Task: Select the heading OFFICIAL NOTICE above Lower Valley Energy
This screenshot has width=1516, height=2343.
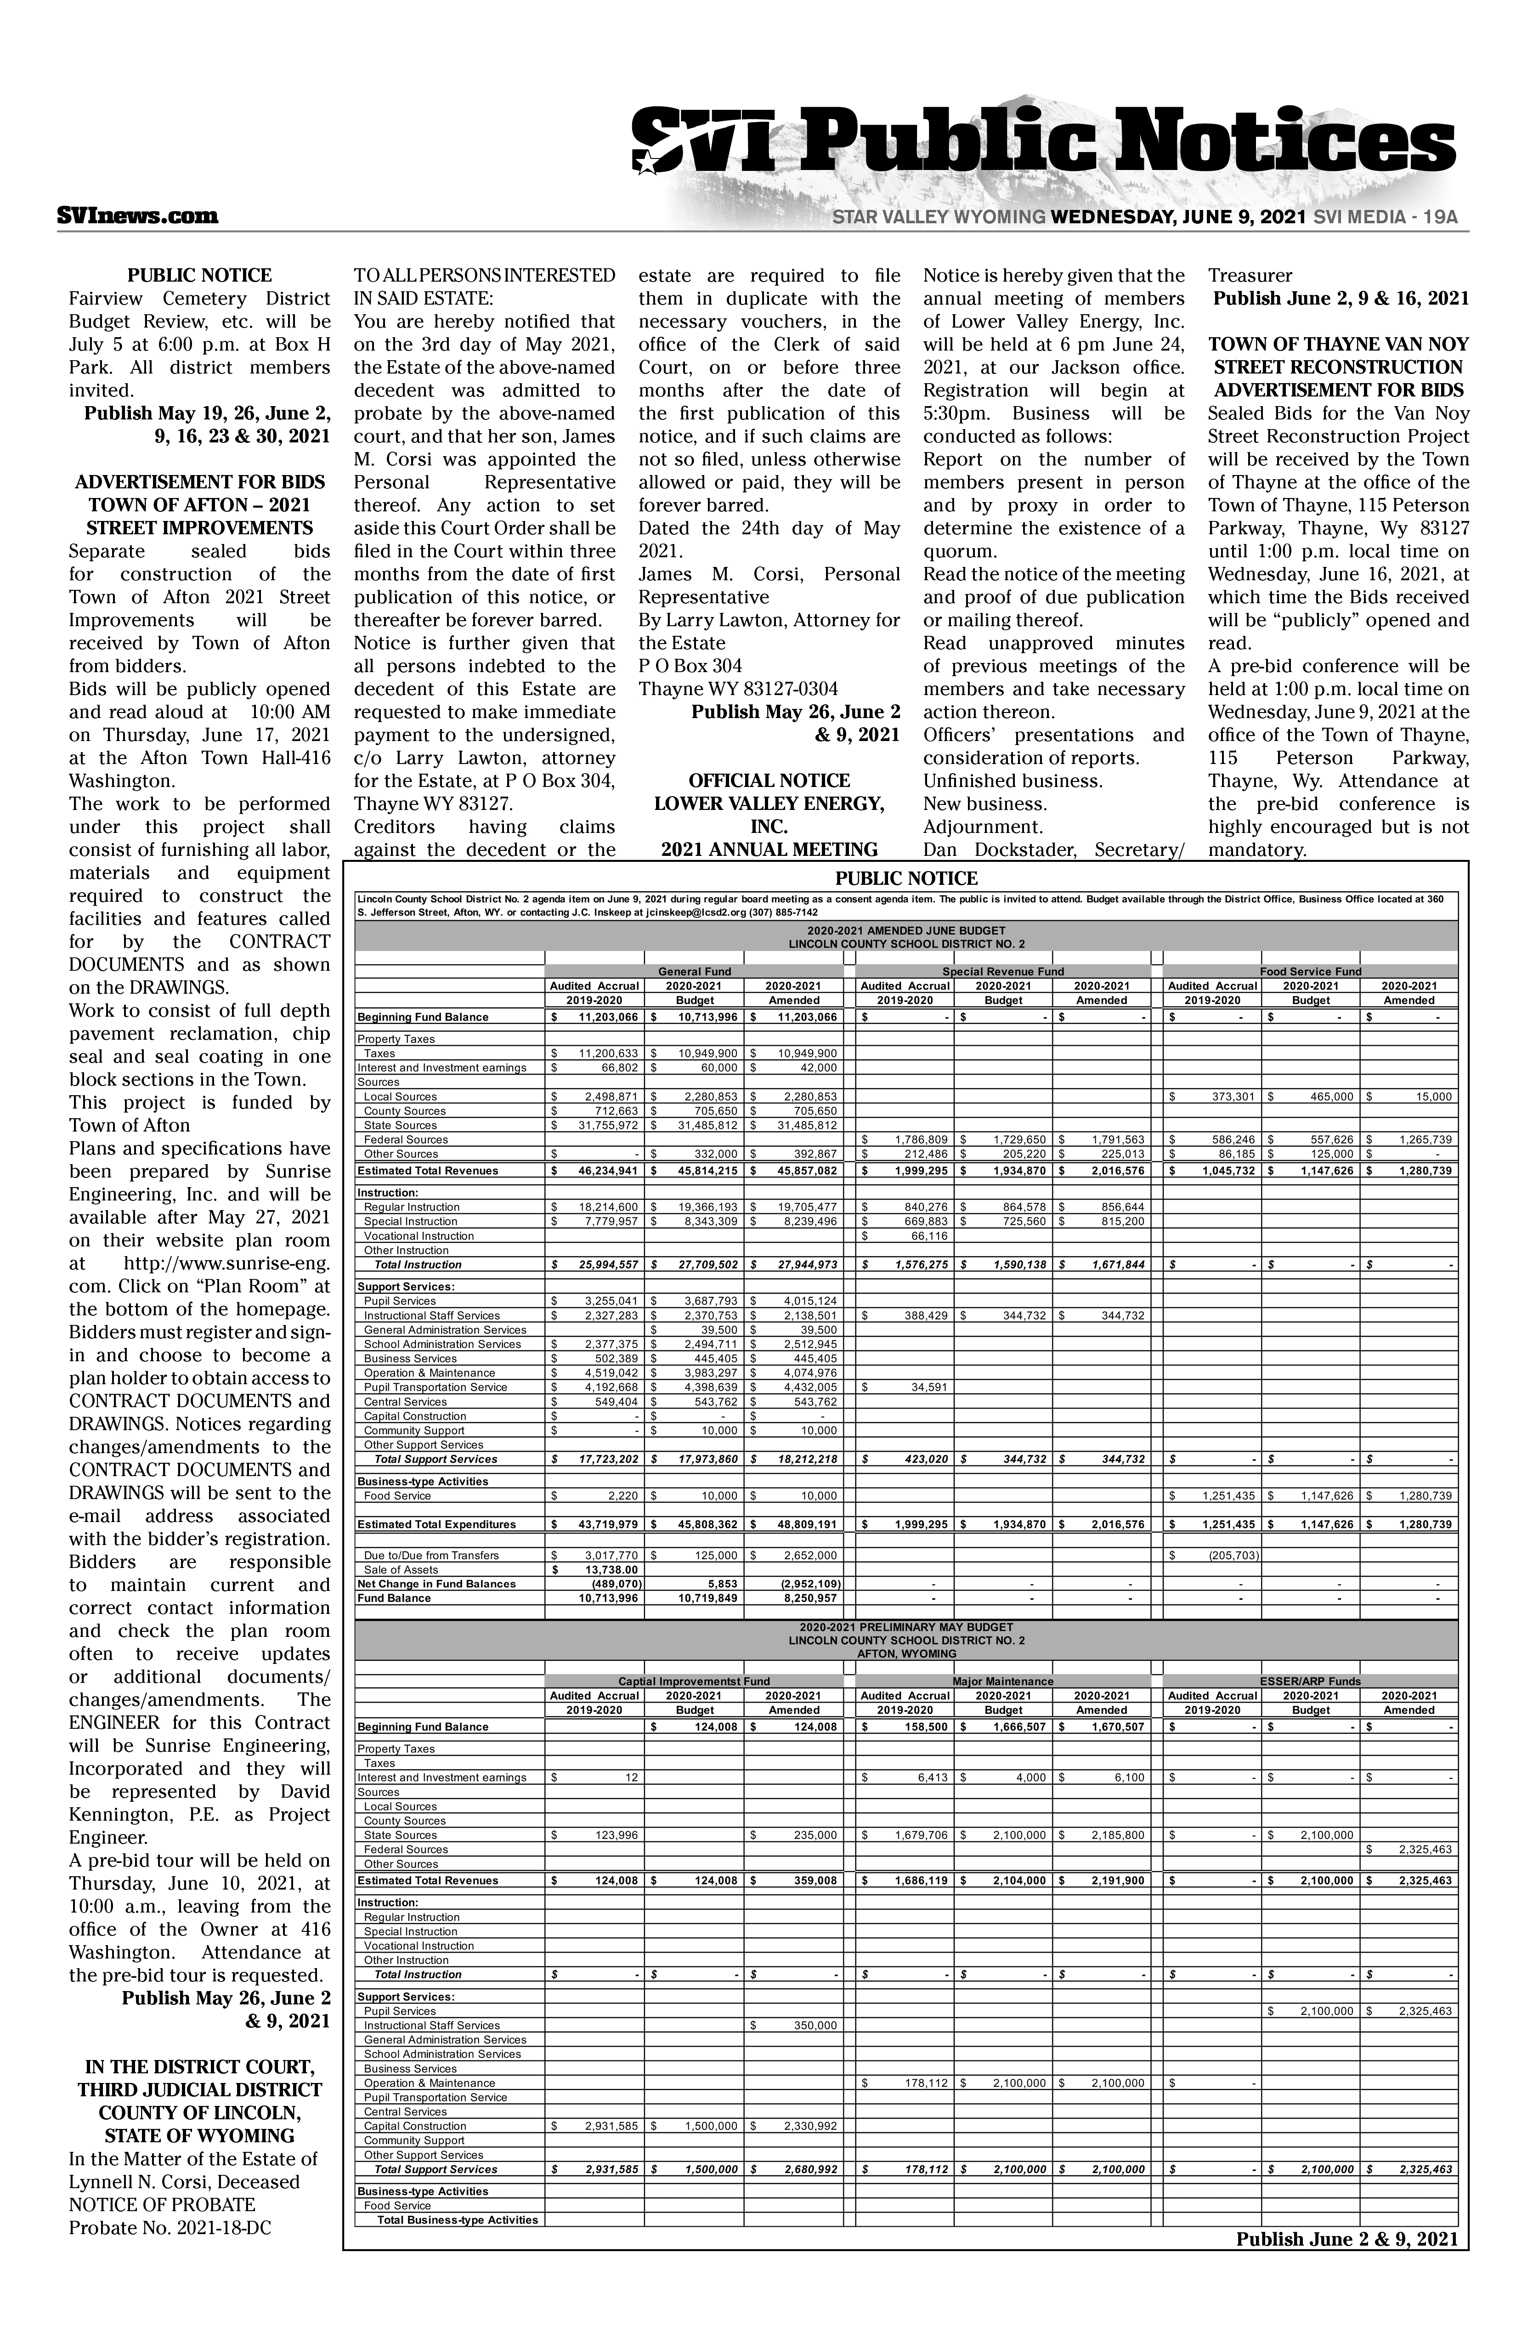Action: coord(769,781)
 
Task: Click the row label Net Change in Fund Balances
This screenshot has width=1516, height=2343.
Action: coord(436,1583)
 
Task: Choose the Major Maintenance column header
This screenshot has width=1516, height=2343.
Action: coord(1003,1681)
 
